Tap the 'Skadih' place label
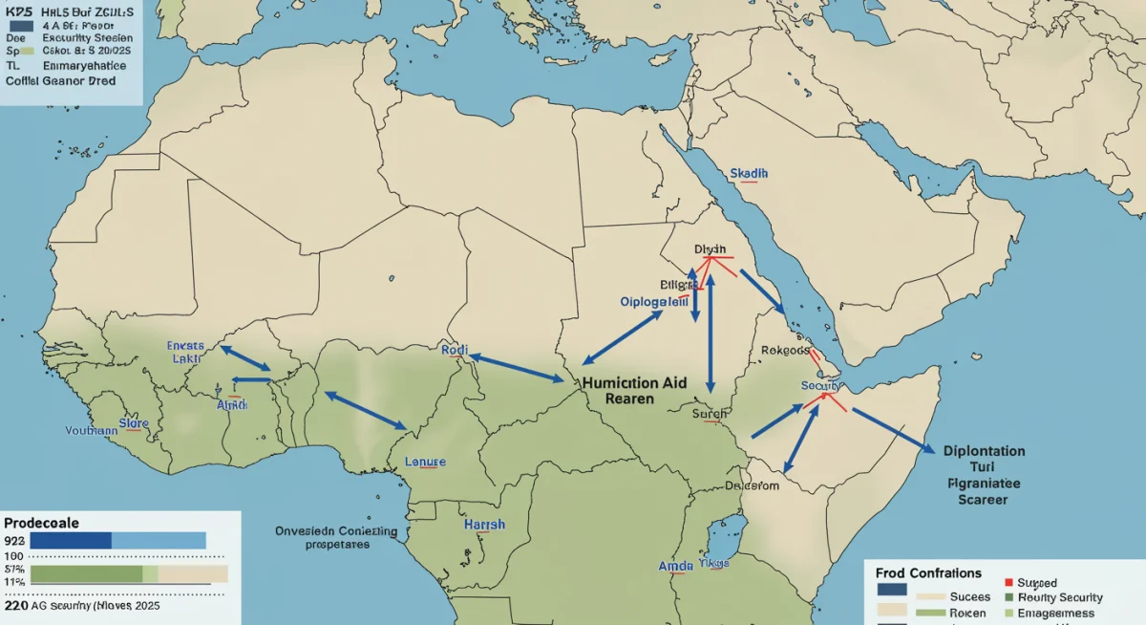tap(748, 173)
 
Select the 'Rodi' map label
tap(455, 351)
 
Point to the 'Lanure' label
tap(425, 462)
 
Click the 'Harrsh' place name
tap(484, 525)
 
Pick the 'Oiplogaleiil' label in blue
tap(654, 301)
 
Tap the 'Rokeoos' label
tap(785, 350)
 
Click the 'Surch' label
tap(710, 414)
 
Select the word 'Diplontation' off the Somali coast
tap(983, 451)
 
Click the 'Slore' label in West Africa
tap(135, 421)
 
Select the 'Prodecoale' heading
tap(41, 524)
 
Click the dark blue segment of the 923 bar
tap(72, 541)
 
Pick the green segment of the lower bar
tap(88, 573)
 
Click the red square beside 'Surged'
tap(1008, 582)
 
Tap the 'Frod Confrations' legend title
tap(927, 573)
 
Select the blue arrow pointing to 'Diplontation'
tap(893, 430)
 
